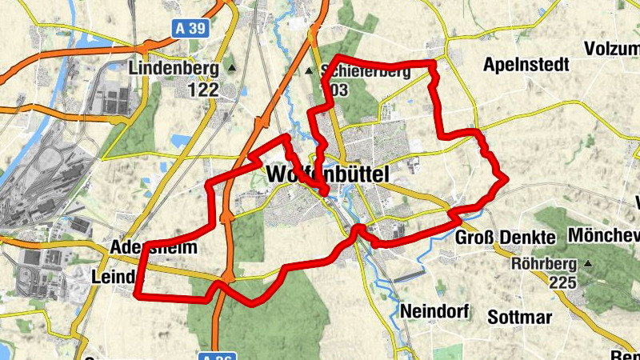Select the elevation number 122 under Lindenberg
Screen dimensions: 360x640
click(203, 90)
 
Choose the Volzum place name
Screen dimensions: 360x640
click(612, 47)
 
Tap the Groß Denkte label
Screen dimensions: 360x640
click(505, 238)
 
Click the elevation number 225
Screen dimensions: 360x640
click(563, 282)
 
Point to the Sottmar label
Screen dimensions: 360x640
click(521, 318)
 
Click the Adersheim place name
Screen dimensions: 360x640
click(154, 247)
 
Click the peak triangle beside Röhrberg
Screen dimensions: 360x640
click(590, 263)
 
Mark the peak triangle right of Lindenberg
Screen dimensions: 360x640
click(231, 69)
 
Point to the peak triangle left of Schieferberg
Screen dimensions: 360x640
click(310, 71)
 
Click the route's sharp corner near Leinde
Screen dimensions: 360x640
click(138, 295)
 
